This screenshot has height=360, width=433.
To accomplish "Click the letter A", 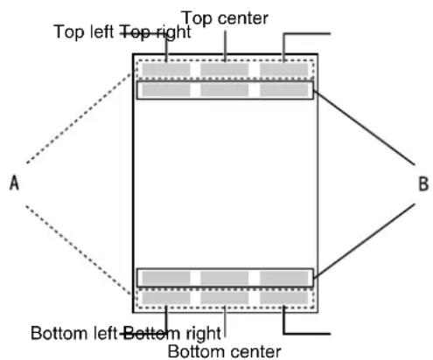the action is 14,183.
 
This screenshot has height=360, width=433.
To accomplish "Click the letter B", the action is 423,183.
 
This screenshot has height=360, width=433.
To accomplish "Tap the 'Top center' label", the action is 225,18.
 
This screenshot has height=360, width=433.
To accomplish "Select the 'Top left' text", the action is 84,31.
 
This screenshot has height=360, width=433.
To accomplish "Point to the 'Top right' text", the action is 156,32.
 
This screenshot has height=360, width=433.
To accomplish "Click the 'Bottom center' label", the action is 224,351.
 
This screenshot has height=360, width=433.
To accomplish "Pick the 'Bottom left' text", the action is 73,333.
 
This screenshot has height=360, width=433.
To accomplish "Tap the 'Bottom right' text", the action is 171,334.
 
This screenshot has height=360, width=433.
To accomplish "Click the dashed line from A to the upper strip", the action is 79,118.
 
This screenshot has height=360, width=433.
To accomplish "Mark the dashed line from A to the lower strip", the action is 78,250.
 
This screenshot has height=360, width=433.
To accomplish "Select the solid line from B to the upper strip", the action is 364,128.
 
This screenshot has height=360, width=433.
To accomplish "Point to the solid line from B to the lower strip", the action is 364,240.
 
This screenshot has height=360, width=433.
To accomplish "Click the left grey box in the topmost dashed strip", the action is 166,70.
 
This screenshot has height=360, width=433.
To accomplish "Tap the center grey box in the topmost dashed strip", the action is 225,70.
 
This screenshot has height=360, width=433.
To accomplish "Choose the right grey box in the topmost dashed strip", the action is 283,70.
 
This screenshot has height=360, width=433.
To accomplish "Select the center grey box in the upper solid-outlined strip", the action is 225,90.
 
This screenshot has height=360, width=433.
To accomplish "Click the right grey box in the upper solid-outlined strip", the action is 283,90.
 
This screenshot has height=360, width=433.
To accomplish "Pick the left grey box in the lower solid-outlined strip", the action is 166,278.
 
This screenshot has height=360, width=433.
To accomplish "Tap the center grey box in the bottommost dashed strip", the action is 225,298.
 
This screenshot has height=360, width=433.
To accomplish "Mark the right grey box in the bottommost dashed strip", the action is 283,298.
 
